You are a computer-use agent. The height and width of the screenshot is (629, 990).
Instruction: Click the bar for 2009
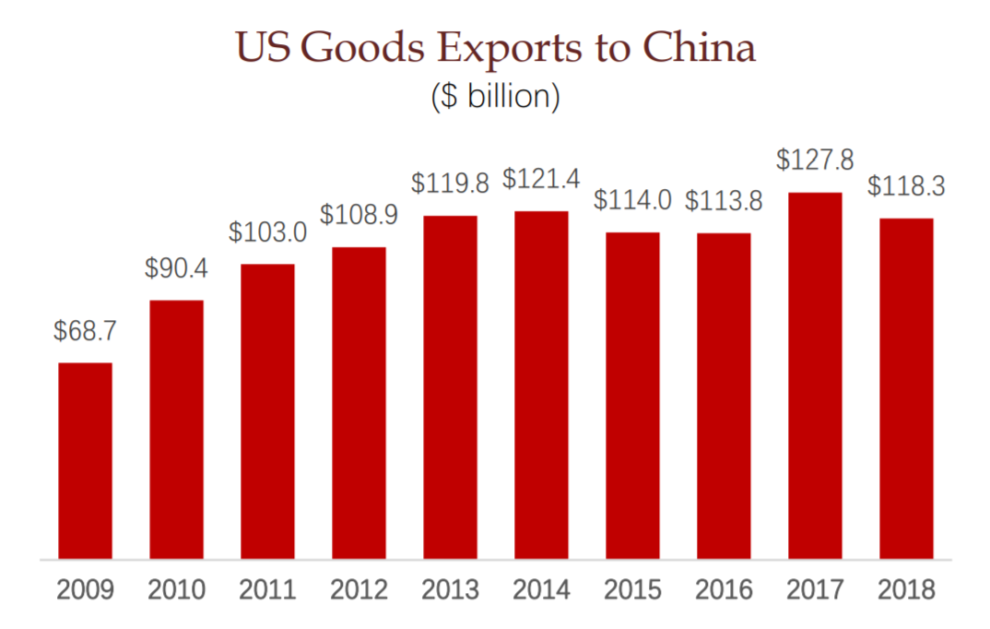click(x=86, y=460)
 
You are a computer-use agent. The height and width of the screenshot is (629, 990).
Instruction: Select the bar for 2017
click(x=815, y=375)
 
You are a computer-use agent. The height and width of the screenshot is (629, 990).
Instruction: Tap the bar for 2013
click(x=450, y=387)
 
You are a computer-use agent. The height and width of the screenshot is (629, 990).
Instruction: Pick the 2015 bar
click(x=632, y=396)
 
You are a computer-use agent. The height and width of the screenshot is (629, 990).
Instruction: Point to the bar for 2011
click(x=267, y=411)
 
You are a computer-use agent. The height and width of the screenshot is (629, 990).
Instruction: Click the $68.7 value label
click(x=85, y=329)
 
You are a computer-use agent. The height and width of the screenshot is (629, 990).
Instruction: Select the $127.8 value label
click(x=815, y=160)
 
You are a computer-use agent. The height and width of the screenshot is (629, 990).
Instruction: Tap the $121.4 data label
click(x=541, y=178)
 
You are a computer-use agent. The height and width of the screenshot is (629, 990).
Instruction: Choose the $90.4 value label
click(x=176, y=267)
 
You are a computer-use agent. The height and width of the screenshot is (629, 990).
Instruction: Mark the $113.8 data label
click(x=724, y=200)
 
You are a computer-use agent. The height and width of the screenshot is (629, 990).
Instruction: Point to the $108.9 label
click(x=359, y=214)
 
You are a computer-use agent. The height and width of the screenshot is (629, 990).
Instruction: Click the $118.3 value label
click(x=906, y=185)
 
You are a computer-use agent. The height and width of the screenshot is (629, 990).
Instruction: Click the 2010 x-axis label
click(x=176, y=589)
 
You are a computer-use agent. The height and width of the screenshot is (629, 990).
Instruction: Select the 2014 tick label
click(x=541, y=589)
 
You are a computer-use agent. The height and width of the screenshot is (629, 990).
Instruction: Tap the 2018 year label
click(x=906, y=589)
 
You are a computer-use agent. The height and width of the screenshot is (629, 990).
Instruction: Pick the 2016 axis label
click(x=724, y=589)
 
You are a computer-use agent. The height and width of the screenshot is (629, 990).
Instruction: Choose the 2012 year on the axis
click(x=359, y=589)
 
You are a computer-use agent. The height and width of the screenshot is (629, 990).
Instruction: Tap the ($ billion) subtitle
click(x=495, y=97)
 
